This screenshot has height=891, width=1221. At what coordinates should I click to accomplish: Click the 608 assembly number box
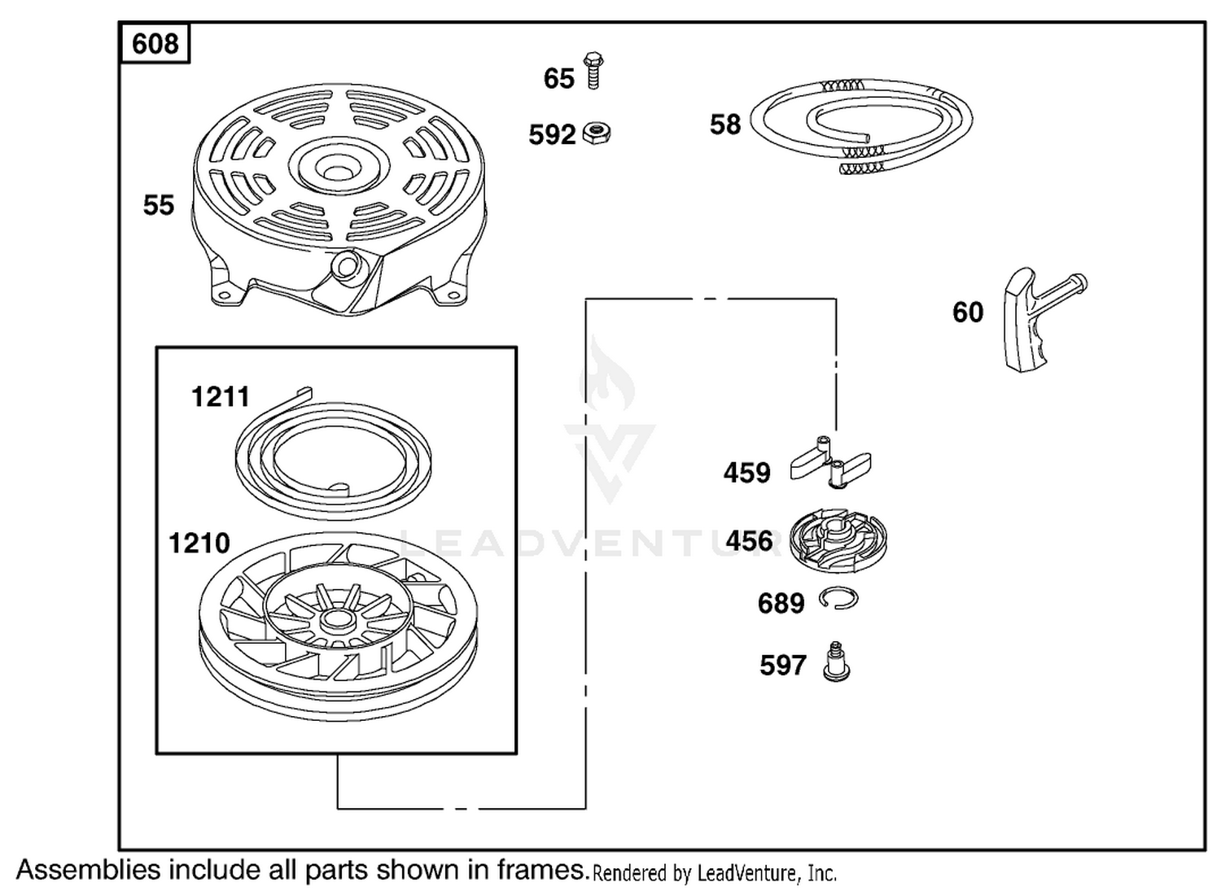coord(155,43)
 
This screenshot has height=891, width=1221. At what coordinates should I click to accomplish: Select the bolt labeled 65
coord(593,71)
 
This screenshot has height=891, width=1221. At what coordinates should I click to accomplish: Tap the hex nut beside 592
coord(597,133)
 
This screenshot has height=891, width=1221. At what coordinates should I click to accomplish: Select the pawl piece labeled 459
coord(830,463)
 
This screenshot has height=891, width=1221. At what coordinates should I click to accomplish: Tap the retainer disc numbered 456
coord(839,540)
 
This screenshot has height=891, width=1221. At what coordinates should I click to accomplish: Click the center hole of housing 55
coord(338,170)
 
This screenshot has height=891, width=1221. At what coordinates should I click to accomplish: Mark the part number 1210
coord(199,544)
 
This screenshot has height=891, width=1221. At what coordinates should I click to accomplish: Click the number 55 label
coord(159,205)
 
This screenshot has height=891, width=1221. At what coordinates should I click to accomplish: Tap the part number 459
coord(746,473)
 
